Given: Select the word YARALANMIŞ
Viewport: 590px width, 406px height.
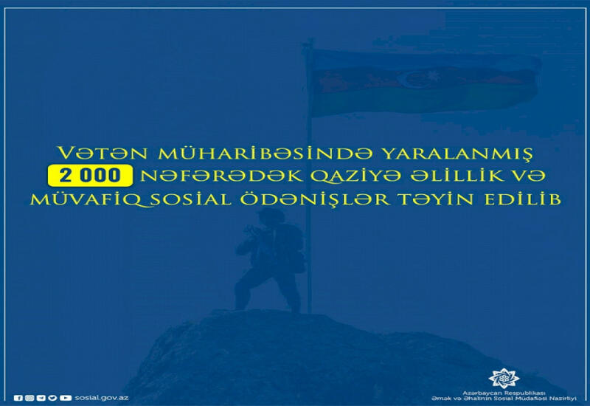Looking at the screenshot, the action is pyautogui.click(x=457, y=154).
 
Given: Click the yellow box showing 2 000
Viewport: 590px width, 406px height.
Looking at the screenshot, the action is pyautogui.click(x=90, y=176).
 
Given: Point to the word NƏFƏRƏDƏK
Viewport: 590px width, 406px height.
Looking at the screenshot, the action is pyautogui.click(x=222, y=176).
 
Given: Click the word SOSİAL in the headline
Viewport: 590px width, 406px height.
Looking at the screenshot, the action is pyautogui.click(x=191, y=199).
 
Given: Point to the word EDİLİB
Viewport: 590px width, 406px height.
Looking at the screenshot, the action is pyautogui.click(x=522, y=199).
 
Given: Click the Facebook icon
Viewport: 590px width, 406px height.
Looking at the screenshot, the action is pyautogui.click(x=18, y=398).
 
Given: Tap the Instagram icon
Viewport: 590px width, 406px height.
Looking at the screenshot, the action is pyautogui.click(x=29, y=398).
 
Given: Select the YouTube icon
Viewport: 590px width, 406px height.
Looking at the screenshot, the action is pyautogui.click(x=66, y=398).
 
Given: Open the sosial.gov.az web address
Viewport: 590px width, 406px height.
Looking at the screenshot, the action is pyautogui.click(x=101, y=398).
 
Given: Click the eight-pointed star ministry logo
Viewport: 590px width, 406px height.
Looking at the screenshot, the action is pyautogui.click(x=504, y=378).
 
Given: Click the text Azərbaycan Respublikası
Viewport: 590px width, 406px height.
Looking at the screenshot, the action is pyautogui.click(x=504, y=393).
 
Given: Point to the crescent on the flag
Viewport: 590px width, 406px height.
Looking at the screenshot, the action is pyautogui.click(x=411, y=78).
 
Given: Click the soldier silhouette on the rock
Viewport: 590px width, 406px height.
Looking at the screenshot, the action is pyautogui.click(x=270, y=261).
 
